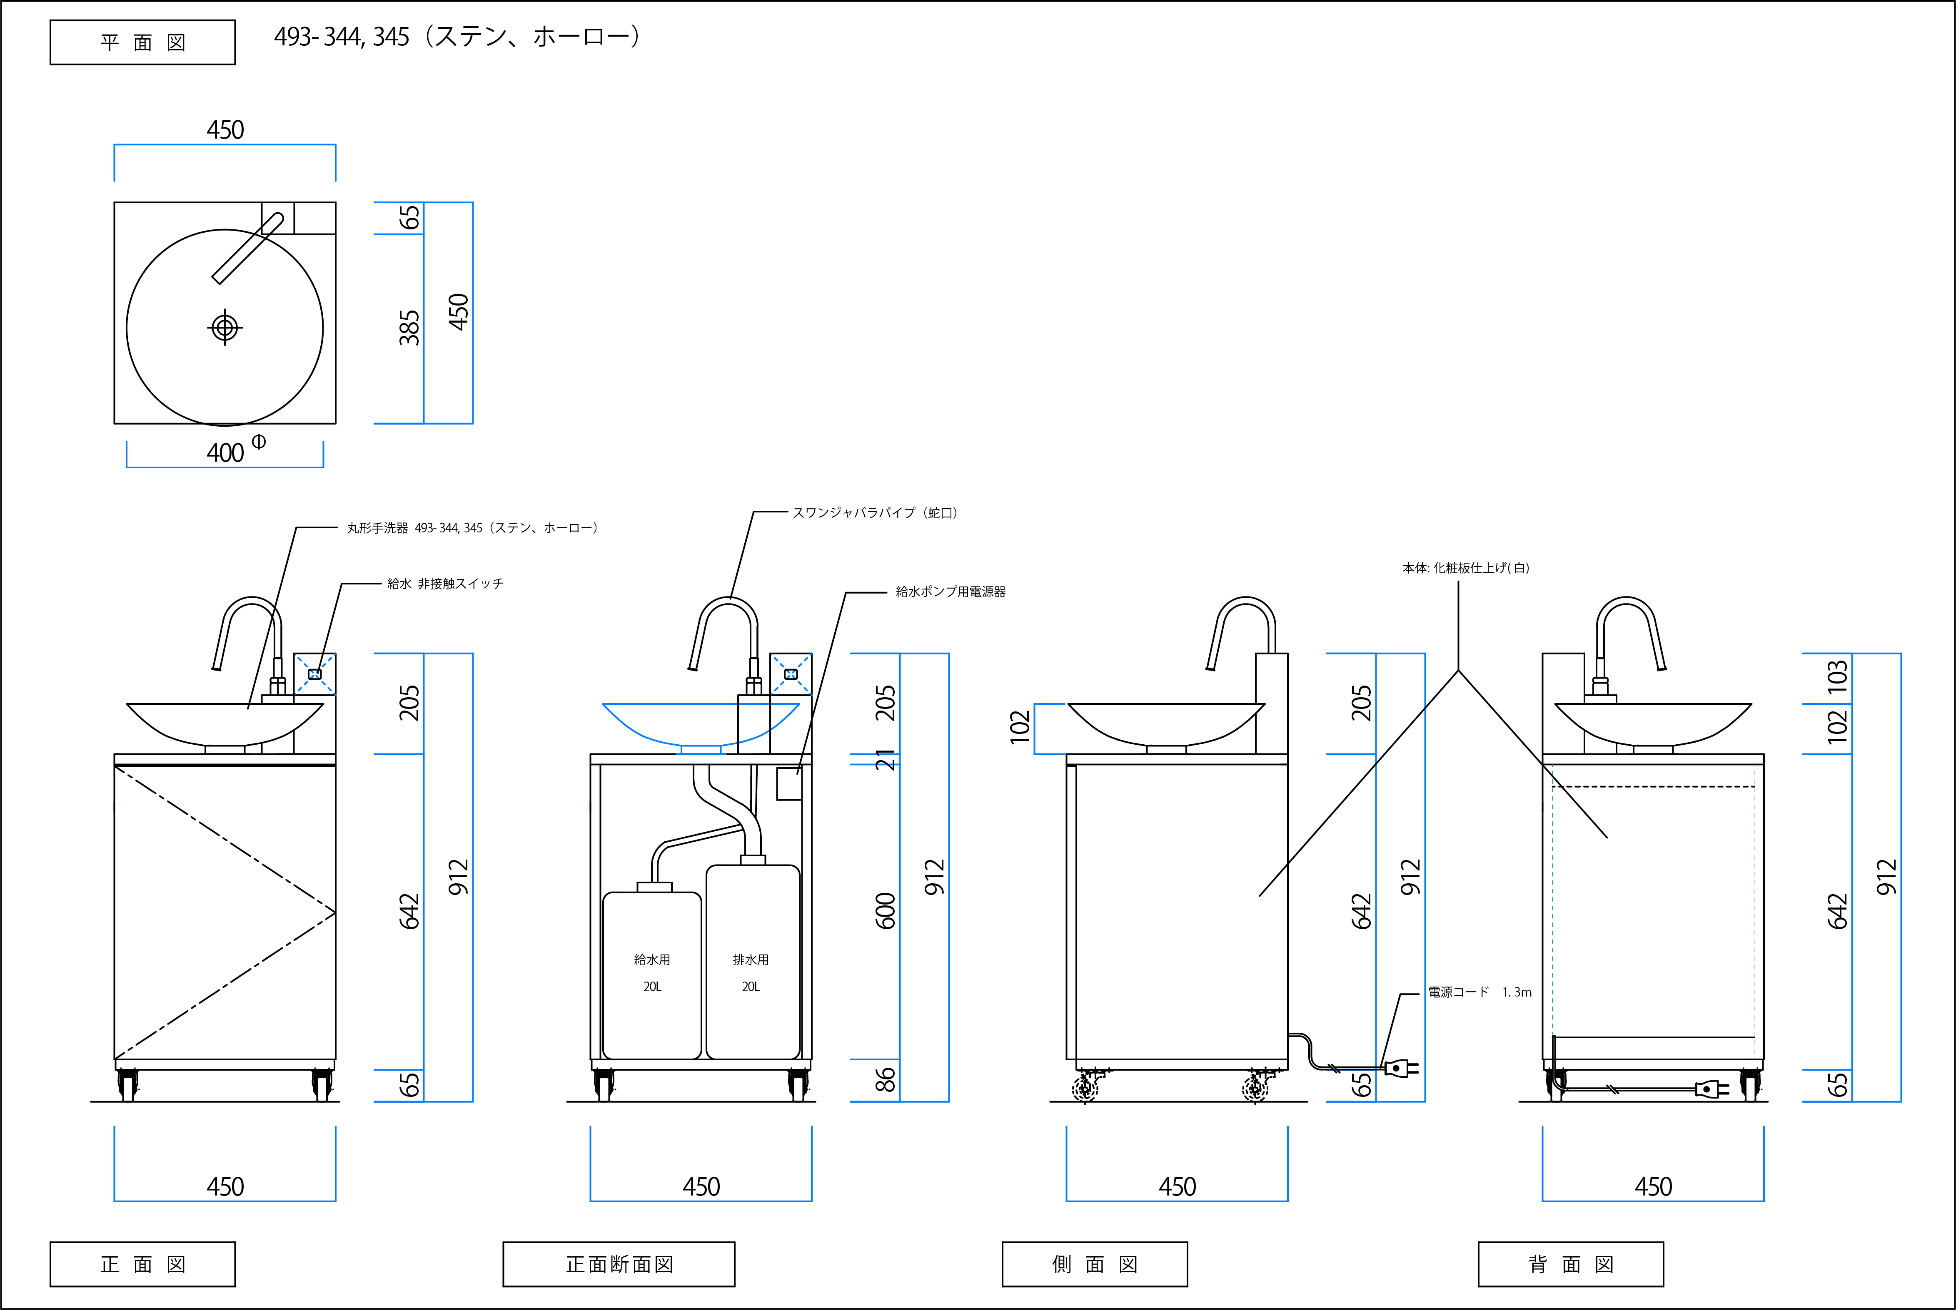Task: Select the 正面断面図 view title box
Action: pyautogui.click(x=619, y=1264)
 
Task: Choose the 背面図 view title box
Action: pyautogui.click(x=1571, y=1264)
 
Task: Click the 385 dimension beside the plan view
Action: pyautogui.click(x=409, y=328)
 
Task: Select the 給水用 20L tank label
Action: pyautogui.click(x=652, y=972)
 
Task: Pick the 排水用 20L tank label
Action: pyautogui.click(x=751, y=972)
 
